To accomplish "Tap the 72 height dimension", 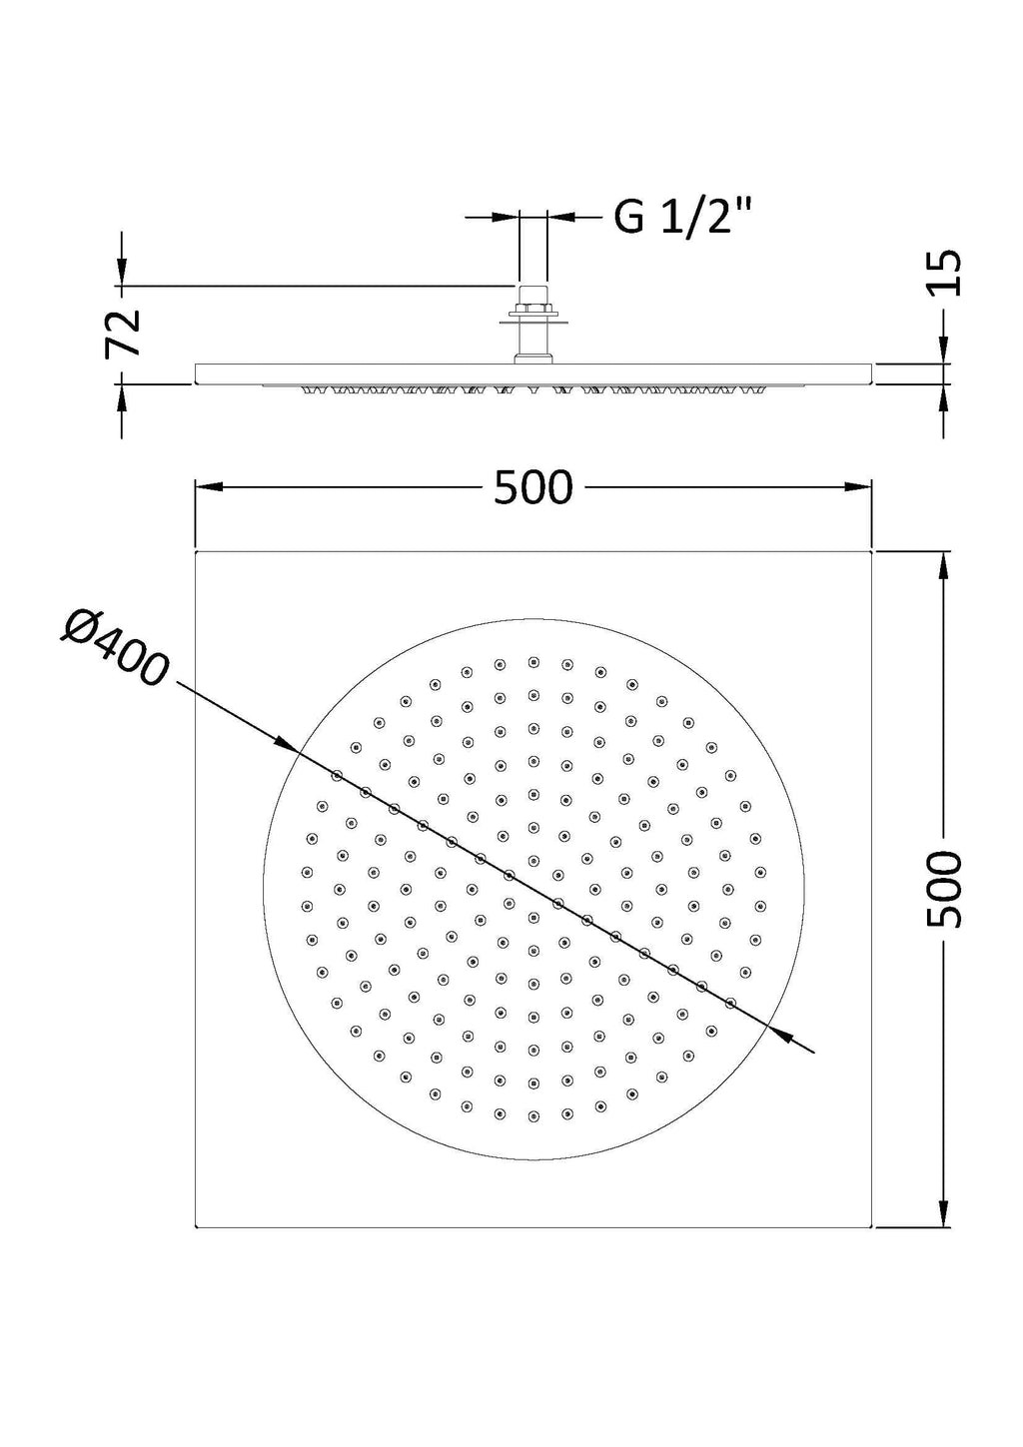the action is click(123, 333).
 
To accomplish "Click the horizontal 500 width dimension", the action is click(533, 487).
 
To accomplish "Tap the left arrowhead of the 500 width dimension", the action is click(208, 487).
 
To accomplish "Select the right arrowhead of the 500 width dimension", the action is click(859, 487).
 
